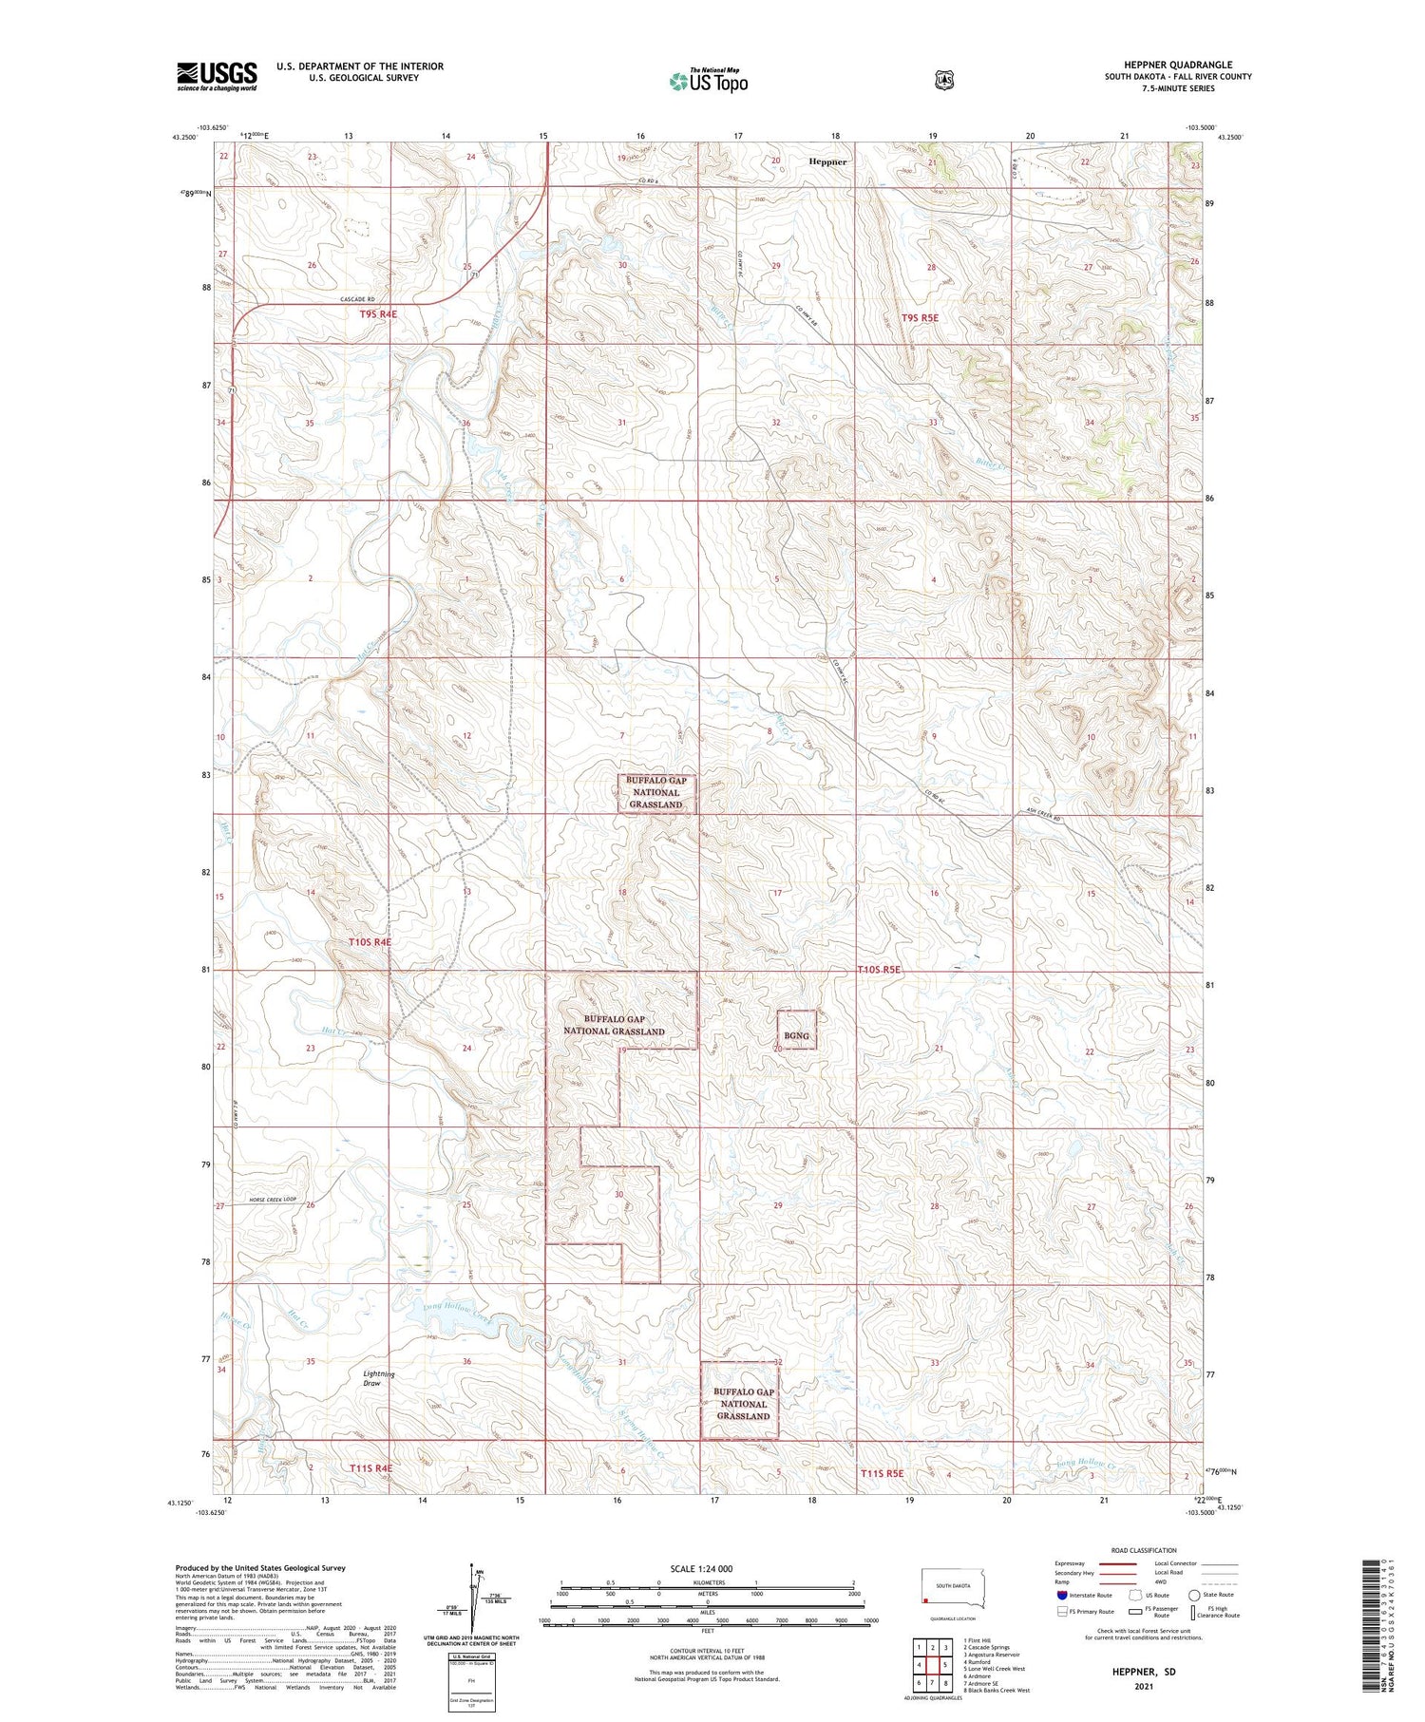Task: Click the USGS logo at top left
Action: coord(217,76)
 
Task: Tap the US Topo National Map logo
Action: coord(709,81)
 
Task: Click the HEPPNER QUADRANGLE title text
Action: coord(1178,65)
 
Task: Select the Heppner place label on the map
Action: coord(827,161)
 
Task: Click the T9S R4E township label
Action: coord(378,313)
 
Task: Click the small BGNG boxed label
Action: coord(796,1035)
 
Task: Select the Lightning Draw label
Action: coord(379,1378)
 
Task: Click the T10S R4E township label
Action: coord(370,941)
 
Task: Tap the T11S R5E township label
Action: coord(883,1473)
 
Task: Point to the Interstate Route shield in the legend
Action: coord(1062,1595)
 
